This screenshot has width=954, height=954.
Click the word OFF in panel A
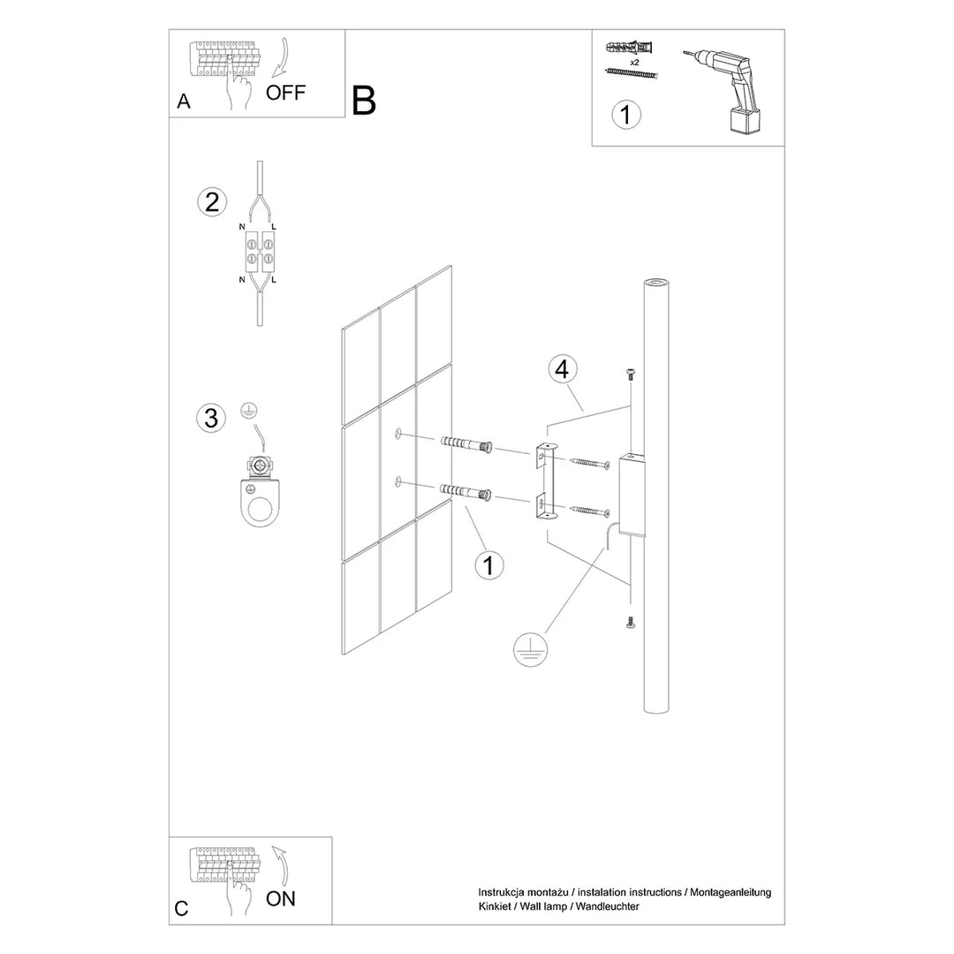pos(285,94)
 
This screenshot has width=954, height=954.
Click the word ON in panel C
pos(281,899)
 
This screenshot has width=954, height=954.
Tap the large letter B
pos(364,101)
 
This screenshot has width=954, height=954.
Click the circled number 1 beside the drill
pos(626,114)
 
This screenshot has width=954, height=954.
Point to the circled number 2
pos(211,202)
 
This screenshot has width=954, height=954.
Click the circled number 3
pos(211,417)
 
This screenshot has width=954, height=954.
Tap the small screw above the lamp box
pos(632,374)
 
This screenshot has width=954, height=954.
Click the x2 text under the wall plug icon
pos(634,64)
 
